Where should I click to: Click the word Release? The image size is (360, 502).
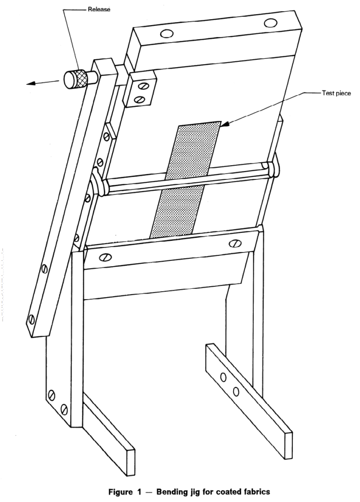(x=99, y=10)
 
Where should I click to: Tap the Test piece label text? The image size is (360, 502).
(x=336, y=93)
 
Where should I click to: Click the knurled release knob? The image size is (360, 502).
(x=76, y=79)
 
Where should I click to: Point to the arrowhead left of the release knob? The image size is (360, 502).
(x=31, y=84)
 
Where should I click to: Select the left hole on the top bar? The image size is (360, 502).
(x=167, y=33)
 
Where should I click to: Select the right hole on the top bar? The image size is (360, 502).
(x=270, y=23)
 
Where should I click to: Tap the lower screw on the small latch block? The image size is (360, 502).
(x=139, y=100)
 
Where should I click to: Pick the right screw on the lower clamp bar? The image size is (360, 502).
(x=236, y=244)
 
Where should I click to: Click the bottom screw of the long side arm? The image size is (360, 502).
(x=31, y=319)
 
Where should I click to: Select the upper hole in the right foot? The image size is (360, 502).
(x=224, y=377)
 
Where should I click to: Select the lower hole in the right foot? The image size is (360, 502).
(x=236, y=391)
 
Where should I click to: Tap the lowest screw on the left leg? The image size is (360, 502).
(x=64, y=409)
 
